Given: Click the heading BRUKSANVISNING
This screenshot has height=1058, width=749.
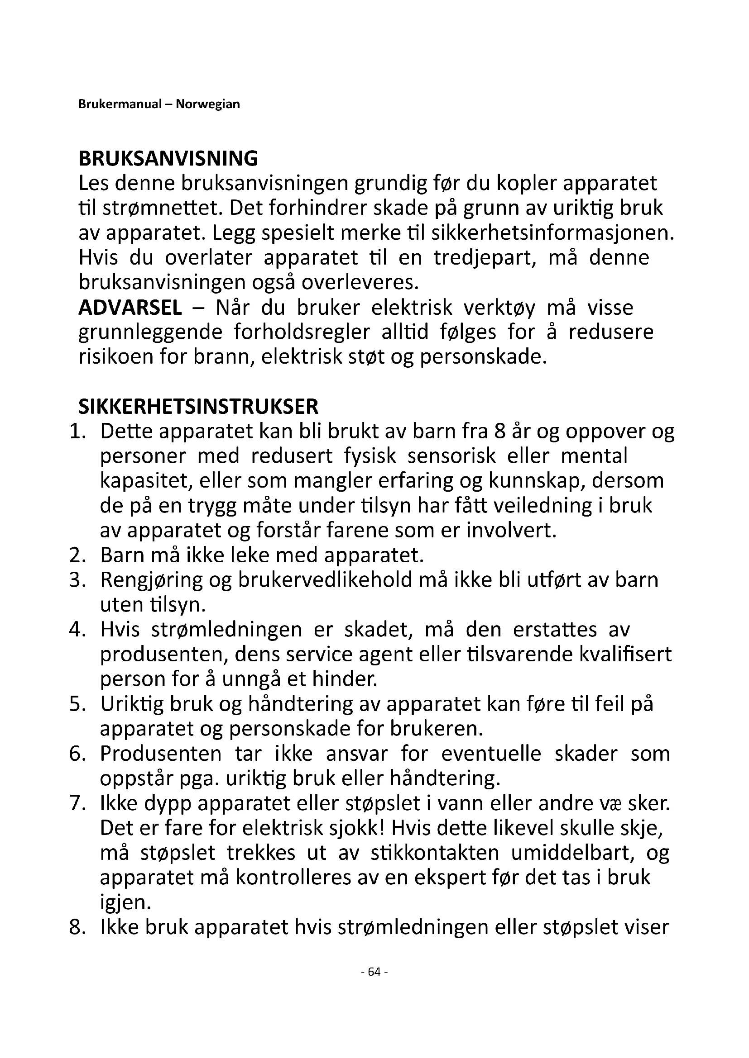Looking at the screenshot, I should (x=168, y=159).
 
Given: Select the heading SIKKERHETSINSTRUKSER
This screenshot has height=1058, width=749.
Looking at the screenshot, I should (x=198, y=407).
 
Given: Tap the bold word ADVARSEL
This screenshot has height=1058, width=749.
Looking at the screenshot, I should (x=130, y=308).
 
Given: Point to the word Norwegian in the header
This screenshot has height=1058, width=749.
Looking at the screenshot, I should (x=208, y=104).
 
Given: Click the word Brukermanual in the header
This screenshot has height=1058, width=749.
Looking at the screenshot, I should (x=120, y=104).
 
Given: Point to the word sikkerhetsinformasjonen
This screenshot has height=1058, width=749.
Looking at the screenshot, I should (x=552, y=233).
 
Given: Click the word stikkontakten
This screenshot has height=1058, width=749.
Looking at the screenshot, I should (x=434, y=854).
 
